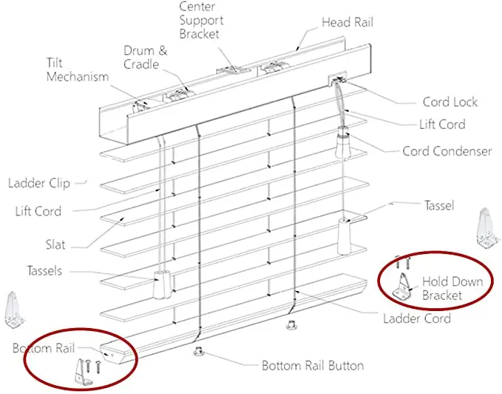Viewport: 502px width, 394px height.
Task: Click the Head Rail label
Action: (x=347, y=22)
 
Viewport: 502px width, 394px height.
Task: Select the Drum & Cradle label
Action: (x=145, y=57)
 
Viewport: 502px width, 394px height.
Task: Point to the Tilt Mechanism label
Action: (x=77, y=70)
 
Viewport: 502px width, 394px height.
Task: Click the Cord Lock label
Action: (x=450, y=102)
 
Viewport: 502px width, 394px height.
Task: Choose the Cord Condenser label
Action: (x=447, y=151)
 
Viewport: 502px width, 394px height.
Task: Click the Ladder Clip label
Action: (x=38, y=183)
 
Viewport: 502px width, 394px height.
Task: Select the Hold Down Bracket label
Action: (x=452, y=288)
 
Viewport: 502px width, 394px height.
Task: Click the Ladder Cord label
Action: (x=416, y=319)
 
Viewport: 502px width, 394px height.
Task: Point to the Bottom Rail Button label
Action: (x=313, y=365)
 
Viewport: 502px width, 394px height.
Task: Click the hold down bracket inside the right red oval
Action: (x=403, y=286)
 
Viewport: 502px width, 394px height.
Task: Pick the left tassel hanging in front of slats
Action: (x=159, y=283)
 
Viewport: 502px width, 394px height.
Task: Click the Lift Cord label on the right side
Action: (x=441, y=124)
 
